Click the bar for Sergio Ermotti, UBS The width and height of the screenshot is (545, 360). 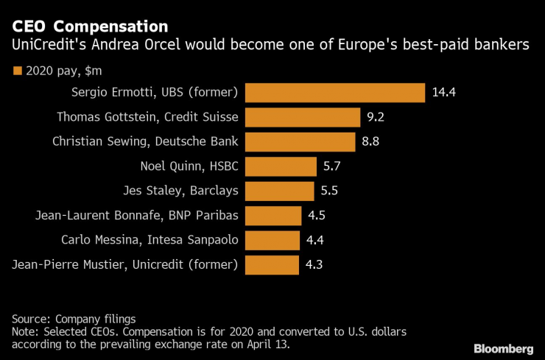pos(335,93)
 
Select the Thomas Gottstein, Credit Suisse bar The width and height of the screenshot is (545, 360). pos(302,117)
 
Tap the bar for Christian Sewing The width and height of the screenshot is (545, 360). pos(300,141)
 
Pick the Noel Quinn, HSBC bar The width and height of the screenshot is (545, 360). pos(281,166)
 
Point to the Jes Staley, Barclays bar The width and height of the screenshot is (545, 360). pos(279,191)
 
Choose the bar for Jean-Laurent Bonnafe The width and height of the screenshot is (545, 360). pos(273,216)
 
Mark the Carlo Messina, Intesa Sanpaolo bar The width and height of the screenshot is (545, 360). pos(272,240)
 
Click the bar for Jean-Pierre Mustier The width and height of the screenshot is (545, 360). pos(272,264)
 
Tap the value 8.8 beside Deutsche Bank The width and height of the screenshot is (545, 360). pos(371,141)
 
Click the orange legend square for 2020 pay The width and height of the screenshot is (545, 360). pos(17,71)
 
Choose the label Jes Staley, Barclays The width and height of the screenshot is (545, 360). pos(180,191)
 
